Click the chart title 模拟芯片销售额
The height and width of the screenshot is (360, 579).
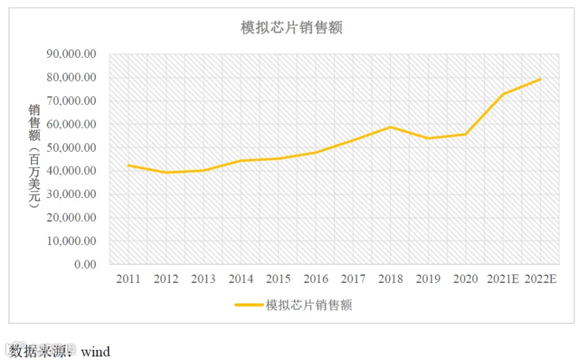pos(291,28)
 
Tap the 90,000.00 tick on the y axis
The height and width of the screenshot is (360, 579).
pos(71,54)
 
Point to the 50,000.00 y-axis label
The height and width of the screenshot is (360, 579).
pos(71,148)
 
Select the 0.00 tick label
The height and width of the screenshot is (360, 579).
pos(86,264)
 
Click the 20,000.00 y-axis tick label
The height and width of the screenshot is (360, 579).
pos(71,218)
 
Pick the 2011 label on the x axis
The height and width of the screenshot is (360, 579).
pos(128,279)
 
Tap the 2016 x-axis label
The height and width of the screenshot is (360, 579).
pos(316,279)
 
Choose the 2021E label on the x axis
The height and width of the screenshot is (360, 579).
pos(503,279)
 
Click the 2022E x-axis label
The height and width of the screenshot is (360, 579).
pos(540,279)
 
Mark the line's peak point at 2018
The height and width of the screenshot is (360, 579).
pos(391,127)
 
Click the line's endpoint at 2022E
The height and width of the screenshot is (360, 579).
pos(540,79)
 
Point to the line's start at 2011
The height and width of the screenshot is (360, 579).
pos(128,165)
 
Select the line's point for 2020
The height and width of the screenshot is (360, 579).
pos(466,134)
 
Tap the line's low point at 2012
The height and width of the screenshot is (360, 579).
pos(166,172)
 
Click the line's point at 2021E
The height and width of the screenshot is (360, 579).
pos(503,94)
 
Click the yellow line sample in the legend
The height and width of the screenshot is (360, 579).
pos(249,305)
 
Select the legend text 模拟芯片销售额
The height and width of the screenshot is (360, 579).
pos(309,305)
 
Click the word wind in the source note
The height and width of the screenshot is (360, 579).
pos(96,352)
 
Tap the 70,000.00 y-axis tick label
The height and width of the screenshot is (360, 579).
pos(71,101)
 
